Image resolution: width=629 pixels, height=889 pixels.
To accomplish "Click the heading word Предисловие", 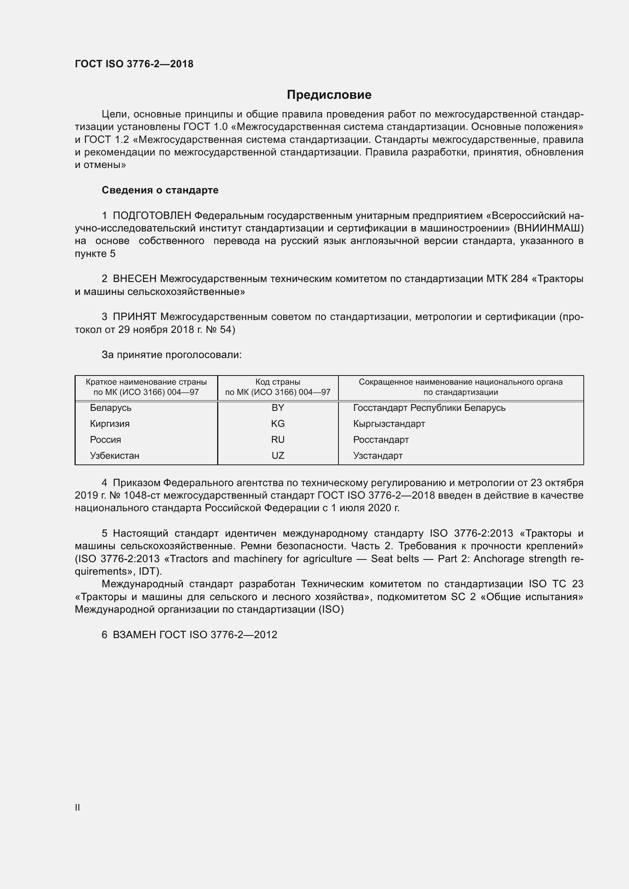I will pyautogui.click(x=329, y=95).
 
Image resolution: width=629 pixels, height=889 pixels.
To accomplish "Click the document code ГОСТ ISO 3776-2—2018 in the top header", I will pyautogui.click(x=134, y=64).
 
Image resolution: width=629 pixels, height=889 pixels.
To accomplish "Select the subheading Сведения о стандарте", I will pyautogui.click(x=160, y=190).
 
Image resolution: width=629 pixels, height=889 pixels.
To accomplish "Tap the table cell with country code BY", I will pyautogui.click(x=278, y=408).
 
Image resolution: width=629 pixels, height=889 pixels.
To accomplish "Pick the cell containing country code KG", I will pyautogui.click(x=278, y=423).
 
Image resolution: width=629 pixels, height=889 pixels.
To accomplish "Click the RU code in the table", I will pyautogui.click(x=278, y=439).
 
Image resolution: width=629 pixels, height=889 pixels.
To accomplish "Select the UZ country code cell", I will pyautogui.click(x=278, y=455).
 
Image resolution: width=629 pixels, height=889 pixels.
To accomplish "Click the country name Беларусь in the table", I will pyautogui.click(x=110, y=408).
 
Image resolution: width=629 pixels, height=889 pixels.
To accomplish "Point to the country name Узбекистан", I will pyautogui.click(x=114, y=455).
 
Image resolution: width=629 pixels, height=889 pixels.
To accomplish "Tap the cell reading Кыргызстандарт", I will pyautogui.click(x=389, y=423).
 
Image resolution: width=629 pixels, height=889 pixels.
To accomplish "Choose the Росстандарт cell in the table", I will pyautogui.click(x=381, y=439).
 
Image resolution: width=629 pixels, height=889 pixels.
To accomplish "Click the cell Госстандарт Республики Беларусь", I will pyautogui.click(x=429, y=408).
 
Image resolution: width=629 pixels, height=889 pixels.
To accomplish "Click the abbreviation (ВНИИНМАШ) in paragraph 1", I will pyautogui.click(x=548, y=228).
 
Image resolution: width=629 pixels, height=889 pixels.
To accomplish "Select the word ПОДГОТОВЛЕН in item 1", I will pyautogui.click(x=152, y=216).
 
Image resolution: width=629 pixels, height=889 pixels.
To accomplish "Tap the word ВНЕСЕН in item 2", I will pyautogui.click(x=134, y=279).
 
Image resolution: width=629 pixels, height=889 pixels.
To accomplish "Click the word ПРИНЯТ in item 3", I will pyautogui.click(x=134, y=317).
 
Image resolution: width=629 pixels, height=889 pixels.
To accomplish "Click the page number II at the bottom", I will pyautogui.click(x=78, y=808).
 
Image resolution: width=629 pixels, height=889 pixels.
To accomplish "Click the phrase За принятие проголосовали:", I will pyautogui.click(x=172, y=355).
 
